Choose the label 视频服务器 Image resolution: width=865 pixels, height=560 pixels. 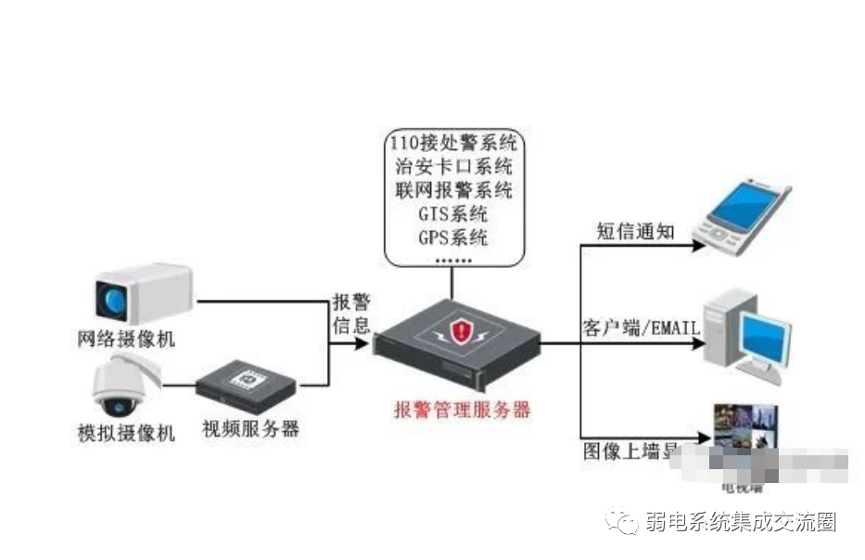251,429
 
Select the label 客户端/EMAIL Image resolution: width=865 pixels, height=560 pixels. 640,328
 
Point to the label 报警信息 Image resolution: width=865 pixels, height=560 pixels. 351,313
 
